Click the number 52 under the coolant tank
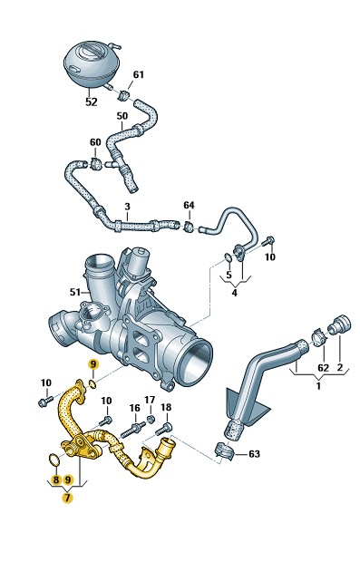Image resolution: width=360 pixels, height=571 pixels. (92, 102)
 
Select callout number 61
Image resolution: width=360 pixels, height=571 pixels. (139, 74)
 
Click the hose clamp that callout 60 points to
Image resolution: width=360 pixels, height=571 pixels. (96, 163)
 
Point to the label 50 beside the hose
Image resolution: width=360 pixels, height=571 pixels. (122, 116)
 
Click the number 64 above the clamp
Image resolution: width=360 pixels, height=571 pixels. (189, 206)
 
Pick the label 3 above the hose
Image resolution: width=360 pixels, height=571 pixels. (127, 207)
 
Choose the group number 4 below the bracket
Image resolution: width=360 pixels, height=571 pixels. (234, 293)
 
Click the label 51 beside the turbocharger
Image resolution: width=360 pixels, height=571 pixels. (75, 292)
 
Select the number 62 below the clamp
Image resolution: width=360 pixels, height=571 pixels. (323, 368)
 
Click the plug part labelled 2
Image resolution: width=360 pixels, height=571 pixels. (339, 324)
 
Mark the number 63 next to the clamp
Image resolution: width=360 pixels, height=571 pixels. (254, 454)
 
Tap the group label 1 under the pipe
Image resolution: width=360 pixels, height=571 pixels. (318, 385)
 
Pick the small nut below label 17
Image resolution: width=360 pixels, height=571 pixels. (150, 419)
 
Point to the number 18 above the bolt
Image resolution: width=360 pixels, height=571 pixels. (166, 407)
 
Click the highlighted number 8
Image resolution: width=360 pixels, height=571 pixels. (55, 479)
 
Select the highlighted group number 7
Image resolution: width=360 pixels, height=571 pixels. (67, 498)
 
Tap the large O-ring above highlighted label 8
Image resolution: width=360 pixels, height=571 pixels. (54, 460)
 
